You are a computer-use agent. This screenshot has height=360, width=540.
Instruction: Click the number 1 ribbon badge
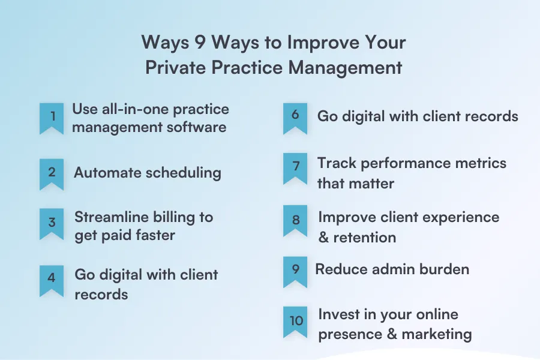tap(52, 117)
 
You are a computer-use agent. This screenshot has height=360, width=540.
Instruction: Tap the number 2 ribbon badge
tap(52, 173)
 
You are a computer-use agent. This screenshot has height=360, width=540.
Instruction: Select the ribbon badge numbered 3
tap(52, 223)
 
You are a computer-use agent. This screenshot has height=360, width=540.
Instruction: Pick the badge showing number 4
tap(52, 279)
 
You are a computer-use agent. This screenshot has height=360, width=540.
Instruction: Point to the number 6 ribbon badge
tap(295, 116)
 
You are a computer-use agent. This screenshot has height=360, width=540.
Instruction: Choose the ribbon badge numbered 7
tap(295, 166)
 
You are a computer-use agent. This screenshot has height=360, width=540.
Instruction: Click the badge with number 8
tap(295, 220)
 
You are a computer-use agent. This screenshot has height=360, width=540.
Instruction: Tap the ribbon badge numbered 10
tap(295, 321)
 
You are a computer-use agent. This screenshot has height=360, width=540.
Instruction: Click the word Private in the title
tap(175, 67)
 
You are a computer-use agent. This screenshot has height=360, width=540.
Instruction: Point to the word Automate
tap(106, 173)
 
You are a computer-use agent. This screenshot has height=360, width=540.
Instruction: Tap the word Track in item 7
tap(335, 163)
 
